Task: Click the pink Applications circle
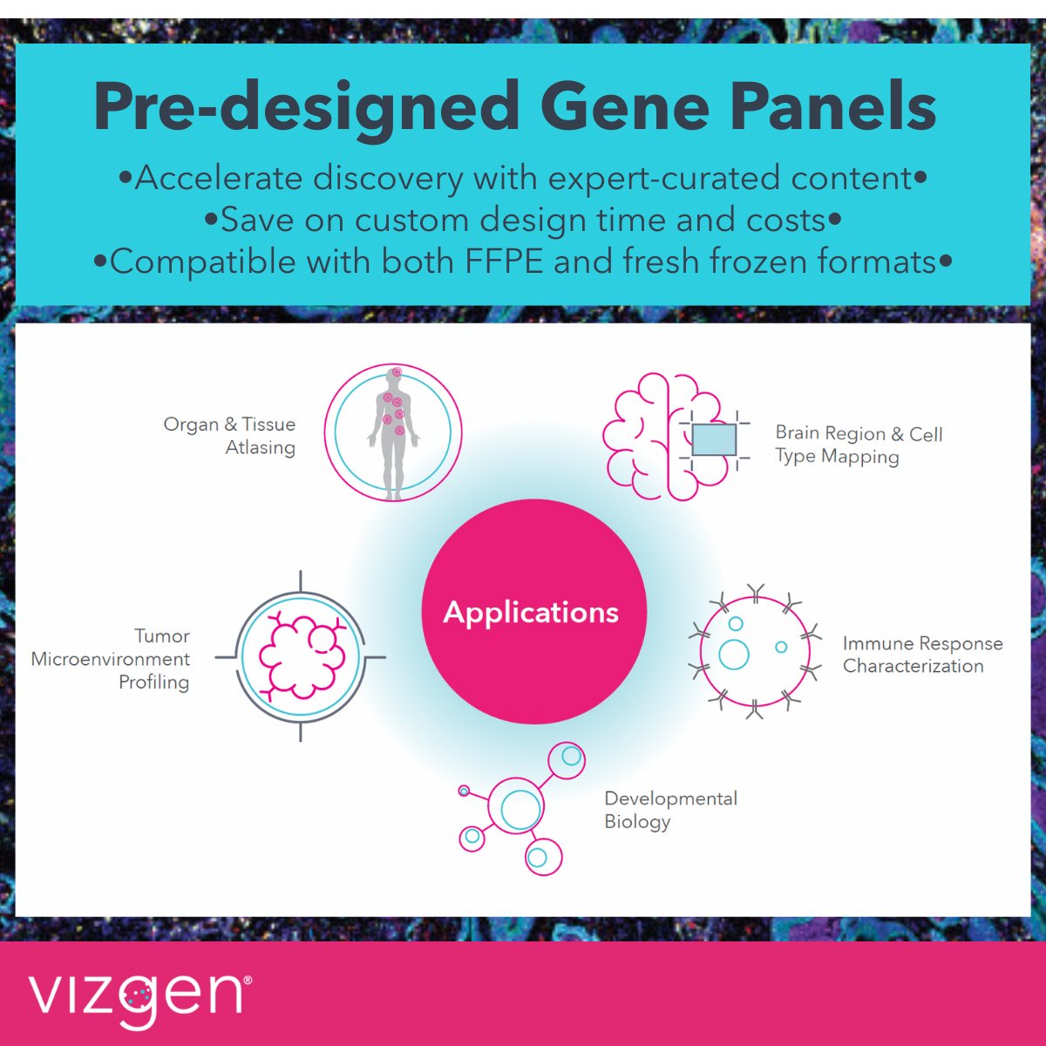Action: click(x=533, y=611)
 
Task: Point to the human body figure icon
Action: click(x=394, y=432)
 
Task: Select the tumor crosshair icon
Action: click(x=301, y=655)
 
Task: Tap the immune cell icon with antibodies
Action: click(x=755, y=651)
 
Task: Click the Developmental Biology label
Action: click(x=670, y=810)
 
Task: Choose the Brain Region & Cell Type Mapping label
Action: click(x=859, y=445)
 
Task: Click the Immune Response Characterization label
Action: click(x=922, y=655)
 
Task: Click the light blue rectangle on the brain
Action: click(x=714, y=439)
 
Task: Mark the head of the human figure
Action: click(x=394, y=376)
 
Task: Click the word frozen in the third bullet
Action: click(x=747, y=261)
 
